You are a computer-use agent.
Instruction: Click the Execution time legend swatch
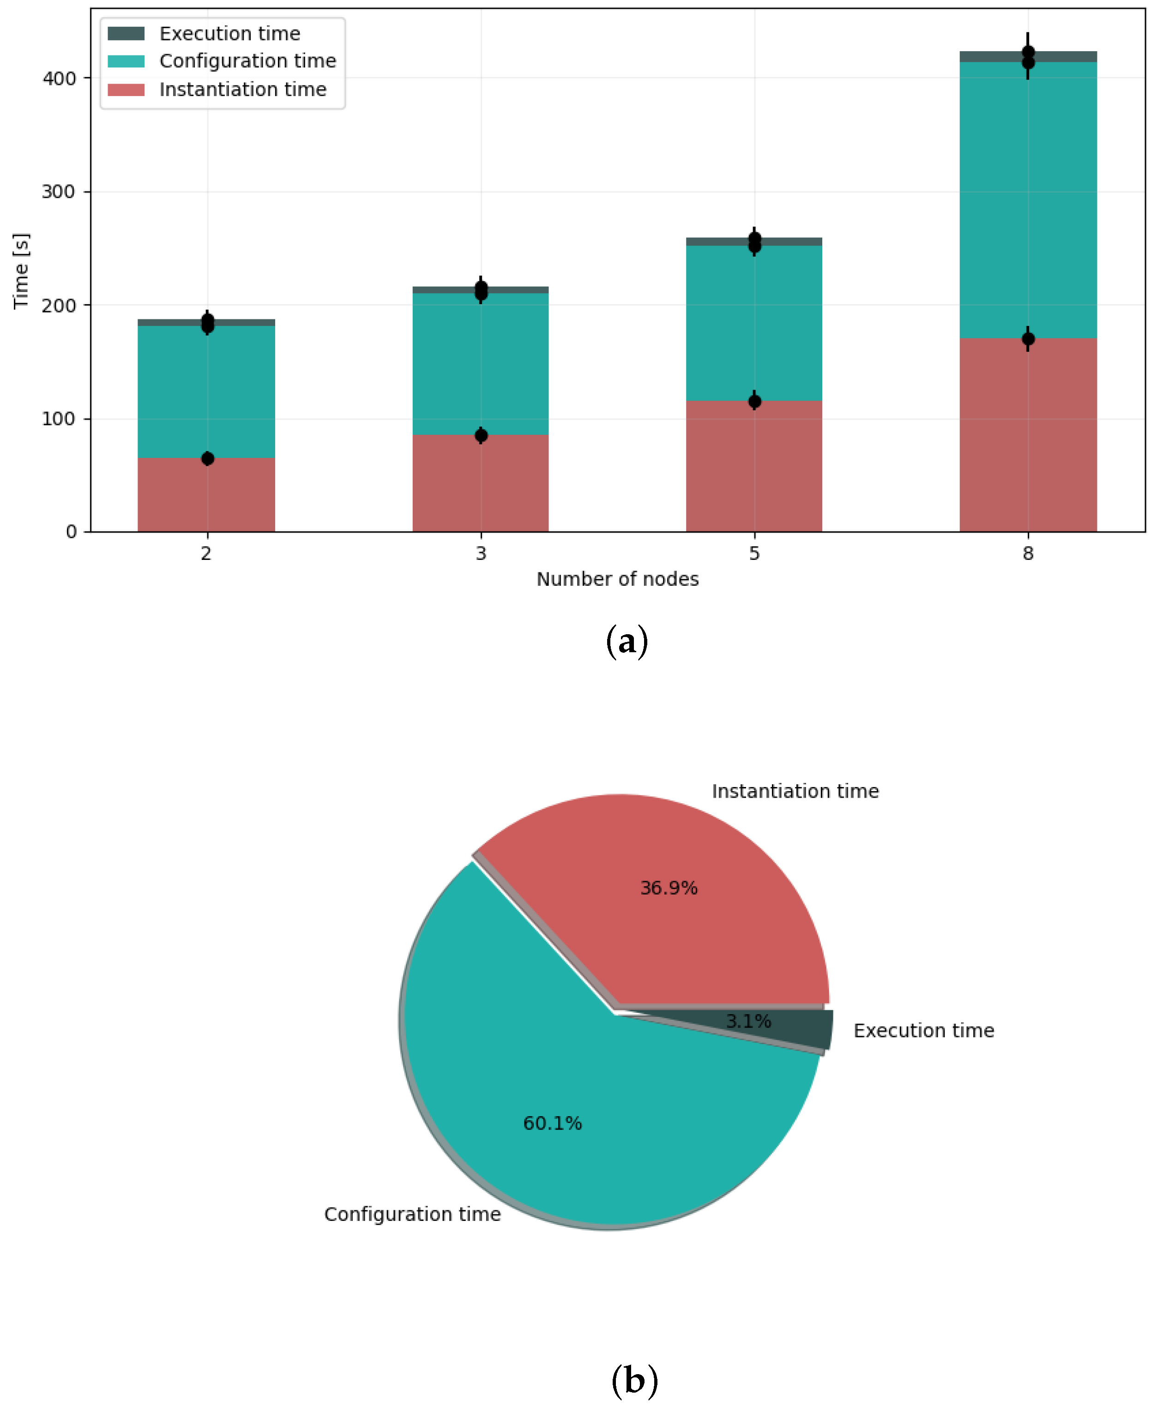click(x=126, y=33)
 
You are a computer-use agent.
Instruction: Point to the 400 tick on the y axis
click(x=59, y=78)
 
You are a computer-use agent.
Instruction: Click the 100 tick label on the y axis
click(x=59, y=419)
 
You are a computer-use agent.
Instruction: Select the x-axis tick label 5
click(x=754, y=553)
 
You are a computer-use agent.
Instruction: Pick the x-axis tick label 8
click(x=1028, y=553)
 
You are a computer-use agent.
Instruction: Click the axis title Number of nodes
click(x=617, y=579)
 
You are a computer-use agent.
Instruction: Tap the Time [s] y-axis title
click(x=21, y=271)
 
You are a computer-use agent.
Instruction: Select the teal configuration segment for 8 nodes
click(x=1028, y=200)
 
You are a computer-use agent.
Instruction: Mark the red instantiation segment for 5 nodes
click(x=754, y=467)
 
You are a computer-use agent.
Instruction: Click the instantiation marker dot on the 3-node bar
click(x=481, y=436)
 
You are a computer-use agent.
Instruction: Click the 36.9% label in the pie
click(x=669, y=888)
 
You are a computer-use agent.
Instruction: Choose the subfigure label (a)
click(x=627, y=642)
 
